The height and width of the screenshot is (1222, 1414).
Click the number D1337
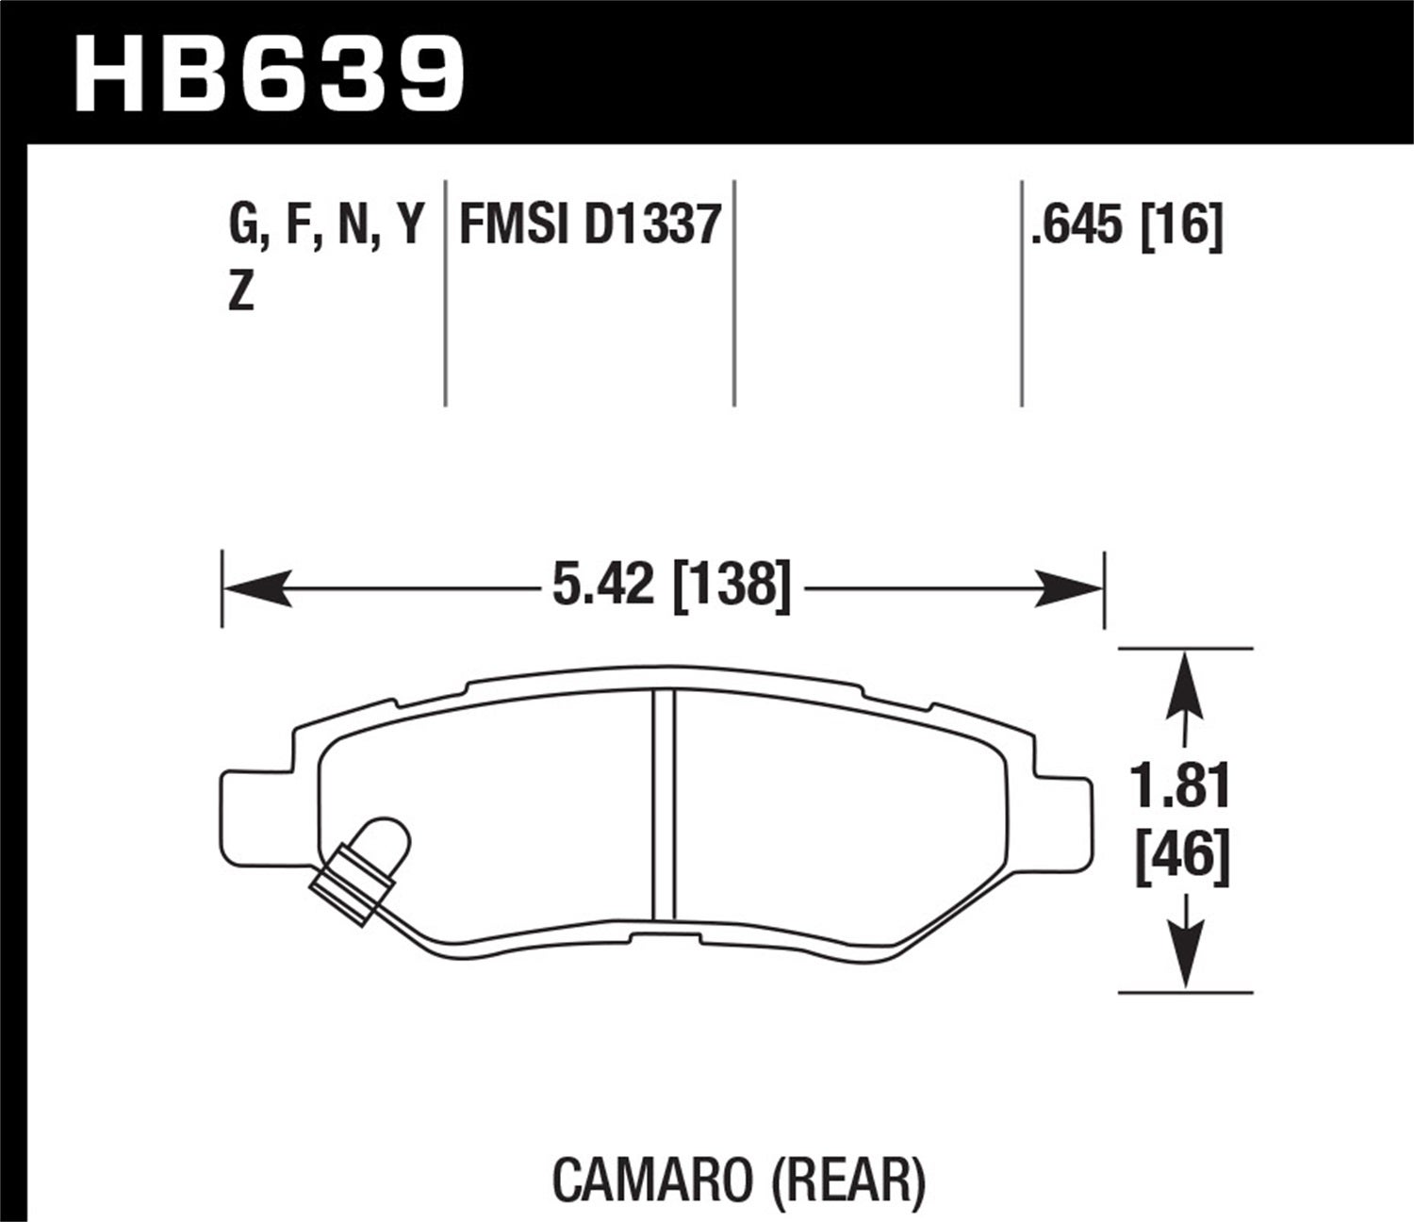[652, 227]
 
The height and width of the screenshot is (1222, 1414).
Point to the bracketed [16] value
[1181, 227]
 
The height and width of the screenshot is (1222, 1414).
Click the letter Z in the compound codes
[241, 295]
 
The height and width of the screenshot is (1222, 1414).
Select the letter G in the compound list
[243, 227]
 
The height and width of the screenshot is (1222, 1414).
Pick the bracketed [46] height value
[1182, 858]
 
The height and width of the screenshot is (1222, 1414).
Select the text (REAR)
[851, 1179]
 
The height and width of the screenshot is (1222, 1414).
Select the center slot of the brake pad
[665, 803]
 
